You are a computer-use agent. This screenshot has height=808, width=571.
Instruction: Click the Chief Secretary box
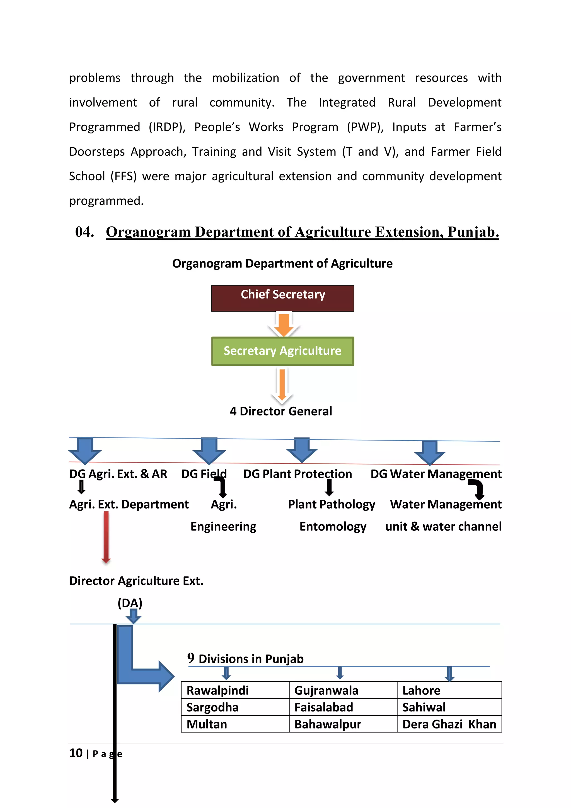point(283,298)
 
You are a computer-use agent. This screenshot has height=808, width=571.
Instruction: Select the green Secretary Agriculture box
point(283,351)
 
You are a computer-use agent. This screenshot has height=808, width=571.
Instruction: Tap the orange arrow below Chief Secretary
point(283,324)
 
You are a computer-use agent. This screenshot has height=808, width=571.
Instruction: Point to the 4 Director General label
point(281,411)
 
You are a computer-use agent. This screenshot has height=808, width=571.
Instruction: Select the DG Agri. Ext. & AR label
point(118,474)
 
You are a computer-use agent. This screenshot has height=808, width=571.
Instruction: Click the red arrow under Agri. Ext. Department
point(106,537)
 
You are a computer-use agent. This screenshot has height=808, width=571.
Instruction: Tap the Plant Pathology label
point(332,504)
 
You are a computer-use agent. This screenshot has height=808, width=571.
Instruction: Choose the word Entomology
point(333,526)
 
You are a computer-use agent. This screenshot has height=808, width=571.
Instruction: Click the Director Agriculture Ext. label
point(136,581)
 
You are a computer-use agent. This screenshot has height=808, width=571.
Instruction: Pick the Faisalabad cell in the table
point(343,707)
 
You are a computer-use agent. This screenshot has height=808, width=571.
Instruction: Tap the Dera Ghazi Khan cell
point(449,724)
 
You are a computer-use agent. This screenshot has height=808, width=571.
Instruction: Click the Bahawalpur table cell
point(343,724)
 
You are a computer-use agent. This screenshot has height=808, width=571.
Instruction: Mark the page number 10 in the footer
point(76,753)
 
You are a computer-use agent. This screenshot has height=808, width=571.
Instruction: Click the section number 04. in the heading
point(85,232)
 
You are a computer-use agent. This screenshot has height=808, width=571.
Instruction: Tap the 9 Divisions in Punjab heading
point(245,658)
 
